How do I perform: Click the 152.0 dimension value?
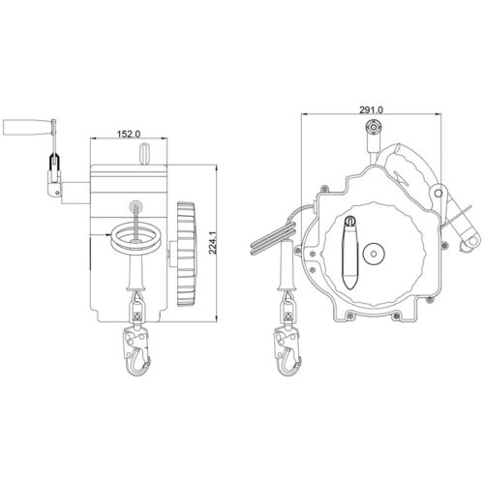coord(129,134)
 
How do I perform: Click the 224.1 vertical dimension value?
coord(213,243)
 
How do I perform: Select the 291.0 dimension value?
coord(372,109)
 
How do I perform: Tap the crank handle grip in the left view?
coord(27,127)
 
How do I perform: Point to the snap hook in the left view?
coord(136,350)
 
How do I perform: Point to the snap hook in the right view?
coord(287,350)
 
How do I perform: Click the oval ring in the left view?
coord(134,238)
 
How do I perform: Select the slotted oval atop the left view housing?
coord(145,154)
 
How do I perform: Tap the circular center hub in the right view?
coord(374,254)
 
